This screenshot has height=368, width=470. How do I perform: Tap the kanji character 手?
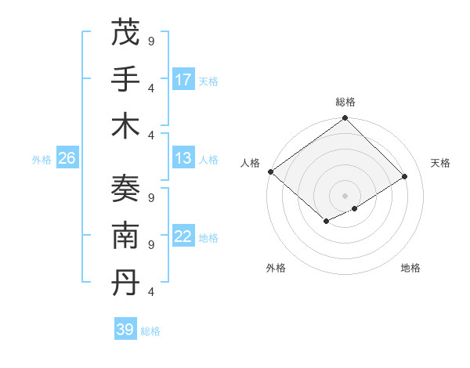125,80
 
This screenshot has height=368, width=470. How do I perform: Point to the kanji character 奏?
125,189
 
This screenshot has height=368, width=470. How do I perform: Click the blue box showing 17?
183,80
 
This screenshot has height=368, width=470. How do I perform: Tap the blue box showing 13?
183,158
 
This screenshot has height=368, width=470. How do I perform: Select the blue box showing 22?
183,236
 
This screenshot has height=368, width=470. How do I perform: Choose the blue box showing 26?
67,158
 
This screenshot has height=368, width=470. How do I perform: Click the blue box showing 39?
125,330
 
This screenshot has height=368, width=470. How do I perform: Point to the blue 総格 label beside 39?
150,330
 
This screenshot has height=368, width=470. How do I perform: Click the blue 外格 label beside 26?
42,159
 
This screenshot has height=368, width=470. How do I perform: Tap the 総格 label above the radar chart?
345,102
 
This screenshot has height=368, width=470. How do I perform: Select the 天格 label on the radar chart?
441,163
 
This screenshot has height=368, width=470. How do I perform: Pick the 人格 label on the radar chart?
250,163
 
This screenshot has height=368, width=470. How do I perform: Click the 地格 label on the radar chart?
410,269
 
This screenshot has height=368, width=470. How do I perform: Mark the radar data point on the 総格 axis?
345,119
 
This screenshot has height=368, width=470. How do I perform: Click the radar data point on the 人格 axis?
270,171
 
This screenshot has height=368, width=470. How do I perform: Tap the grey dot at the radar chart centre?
345,195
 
